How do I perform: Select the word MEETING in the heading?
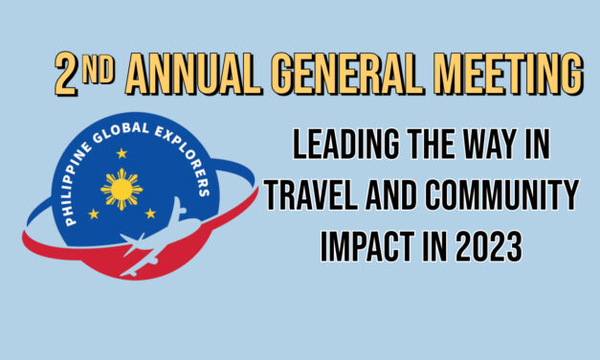click(508, 74)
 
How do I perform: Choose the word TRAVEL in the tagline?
click(313, 199)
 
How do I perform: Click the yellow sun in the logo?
click(122, 189)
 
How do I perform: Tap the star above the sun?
click(122, 152)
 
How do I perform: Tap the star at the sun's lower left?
click(93, 214)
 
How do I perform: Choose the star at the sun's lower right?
click(150, 214)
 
